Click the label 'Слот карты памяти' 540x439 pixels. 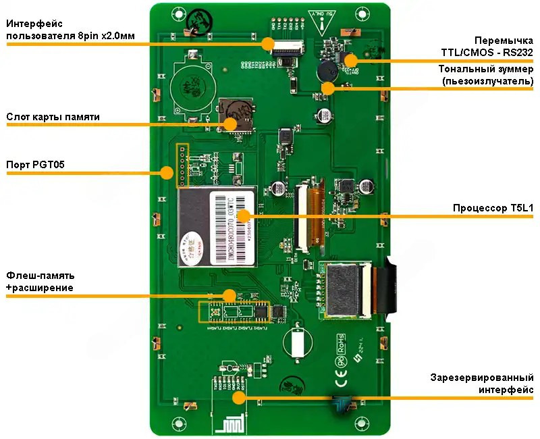(53, 117)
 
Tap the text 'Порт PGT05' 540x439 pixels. (35, 165)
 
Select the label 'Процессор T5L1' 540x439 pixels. (495, 208)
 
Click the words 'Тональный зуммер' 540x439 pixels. (486, 69)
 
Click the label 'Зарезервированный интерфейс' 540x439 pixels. (482, 383)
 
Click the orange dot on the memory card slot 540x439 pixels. (230, 124)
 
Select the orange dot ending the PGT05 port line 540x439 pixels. (166, 173)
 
